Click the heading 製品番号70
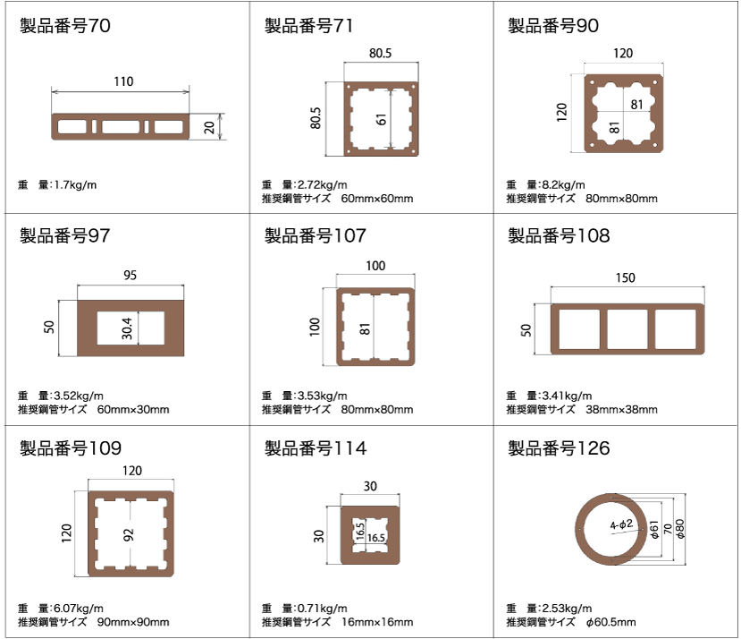(x=64, y=26)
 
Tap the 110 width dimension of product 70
(x=123, y=81)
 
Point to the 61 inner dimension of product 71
(x=382, y=119)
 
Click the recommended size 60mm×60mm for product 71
(x=377, y=199)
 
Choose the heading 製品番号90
(x=553, y=26)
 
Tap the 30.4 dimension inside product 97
(x=127, y=328)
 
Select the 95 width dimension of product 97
(x=130, y=275)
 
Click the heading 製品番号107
(x=316, y=235)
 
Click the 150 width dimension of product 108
(x=625, y=277)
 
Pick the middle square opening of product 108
(x=627, y=329)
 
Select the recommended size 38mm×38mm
(x=621, y=409)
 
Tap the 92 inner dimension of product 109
(x=128, y=535)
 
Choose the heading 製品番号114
(x=316, y=448)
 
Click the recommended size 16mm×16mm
(x=377, y=622)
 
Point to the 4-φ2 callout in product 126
(x=621, y=525)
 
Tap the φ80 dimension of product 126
(x=680, y=529)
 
